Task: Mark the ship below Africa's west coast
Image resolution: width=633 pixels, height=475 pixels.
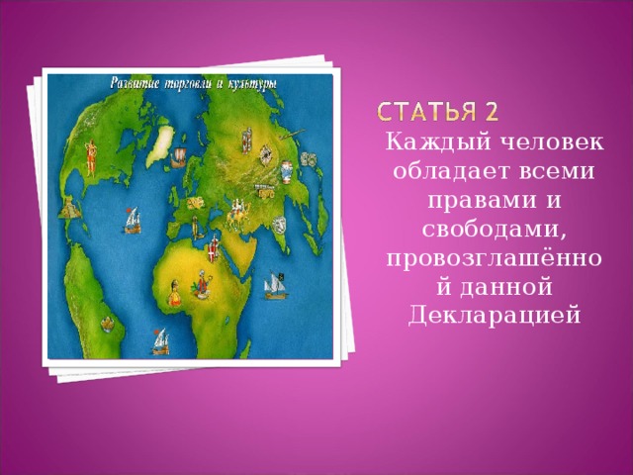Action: tap(159, 341)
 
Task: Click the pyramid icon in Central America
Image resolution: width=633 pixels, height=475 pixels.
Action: tap(68, 210)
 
